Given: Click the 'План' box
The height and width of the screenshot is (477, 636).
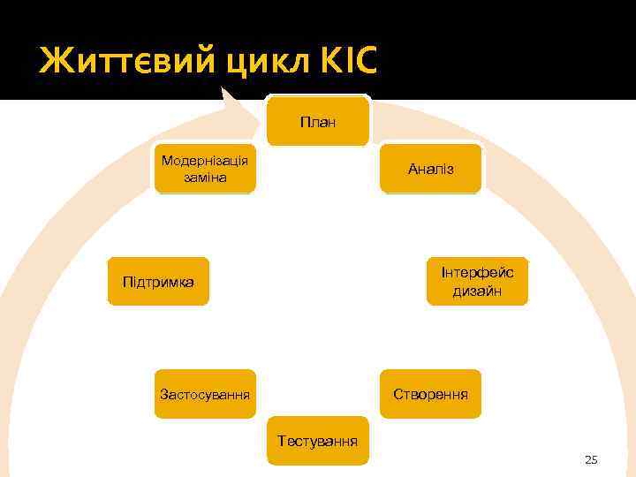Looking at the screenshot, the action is point(318,121).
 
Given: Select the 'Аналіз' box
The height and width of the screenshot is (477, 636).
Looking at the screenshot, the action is point(430,168).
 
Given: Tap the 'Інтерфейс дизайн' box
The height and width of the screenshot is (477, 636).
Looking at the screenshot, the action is point(477,281).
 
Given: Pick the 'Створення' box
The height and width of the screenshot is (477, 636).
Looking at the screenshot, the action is point(430,393).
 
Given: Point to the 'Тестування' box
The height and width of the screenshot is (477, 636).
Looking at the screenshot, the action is point(318,440).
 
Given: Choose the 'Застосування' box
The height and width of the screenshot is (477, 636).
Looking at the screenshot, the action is point(205,393).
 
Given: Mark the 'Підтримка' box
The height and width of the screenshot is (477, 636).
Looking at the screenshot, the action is point(158,281).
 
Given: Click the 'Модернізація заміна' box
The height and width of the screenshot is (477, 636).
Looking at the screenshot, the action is point(205,168).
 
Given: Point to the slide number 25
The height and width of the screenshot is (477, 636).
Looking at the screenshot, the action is point(591,459).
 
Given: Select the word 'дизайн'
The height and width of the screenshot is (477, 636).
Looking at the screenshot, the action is point(478,291).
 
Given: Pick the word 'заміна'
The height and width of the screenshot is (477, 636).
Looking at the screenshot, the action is point(205,178).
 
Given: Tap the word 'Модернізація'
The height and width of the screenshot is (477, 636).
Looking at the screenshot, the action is point(205,160).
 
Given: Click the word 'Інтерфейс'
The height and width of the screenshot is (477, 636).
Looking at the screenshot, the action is point(478,272).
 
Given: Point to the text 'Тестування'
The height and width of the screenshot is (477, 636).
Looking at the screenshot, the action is point(318,440).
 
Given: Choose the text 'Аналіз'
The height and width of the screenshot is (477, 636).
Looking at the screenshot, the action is point(431,168).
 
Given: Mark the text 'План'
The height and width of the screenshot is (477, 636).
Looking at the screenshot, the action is point(318,122).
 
